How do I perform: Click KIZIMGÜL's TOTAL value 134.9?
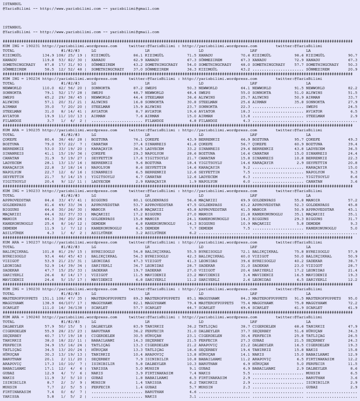tap(48, 55)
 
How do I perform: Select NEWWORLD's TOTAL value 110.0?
tap(48, 88)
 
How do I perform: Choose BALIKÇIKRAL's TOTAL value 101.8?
tap(48, 251)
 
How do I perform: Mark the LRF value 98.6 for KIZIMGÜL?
tap(298, 55)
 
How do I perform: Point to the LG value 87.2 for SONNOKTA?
tap(137, 88)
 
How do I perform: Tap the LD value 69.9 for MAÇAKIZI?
tap(245, 200)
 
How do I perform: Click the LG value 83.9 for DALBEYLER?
tap(137, 326)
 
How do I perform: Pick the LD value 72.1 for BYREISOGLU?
tap(245, 251)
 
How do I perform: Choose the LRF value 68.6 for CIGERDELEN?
tap(298, 326)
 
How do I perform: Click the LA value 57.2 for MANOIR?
tap(353, 200)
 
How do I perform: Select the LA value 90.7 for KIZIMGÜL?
tap(353, 55)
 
